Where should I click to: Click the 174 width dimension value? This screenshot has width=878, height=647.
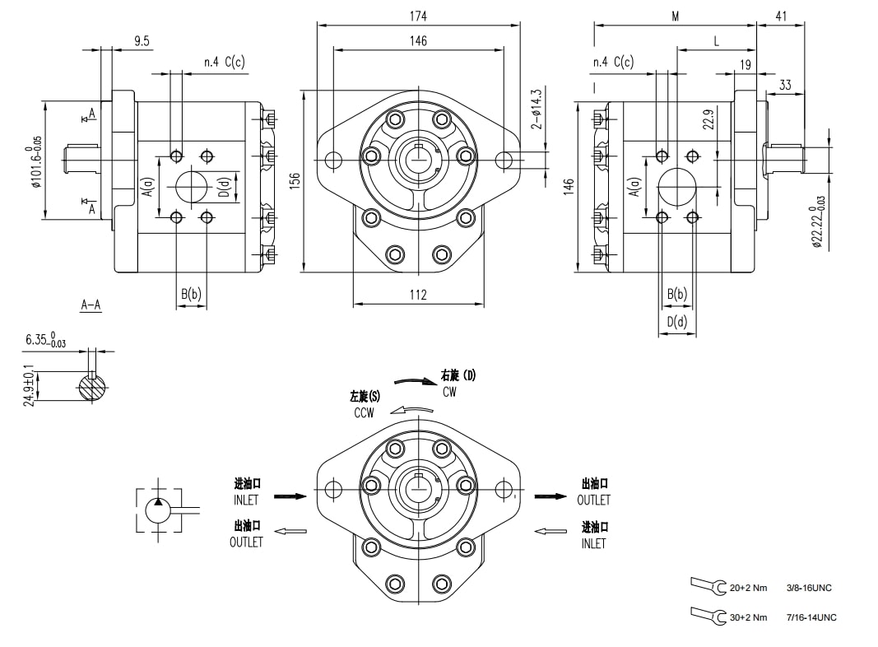418,16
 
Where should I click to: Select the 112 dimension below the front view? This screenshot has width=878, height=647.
418,296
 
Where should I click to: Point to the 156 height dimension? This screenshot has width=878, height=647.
295,181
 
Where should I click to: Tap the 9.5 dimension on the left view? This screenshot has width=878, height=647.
142,40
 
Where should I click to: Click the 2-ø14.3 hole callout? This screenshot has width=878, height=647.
537,109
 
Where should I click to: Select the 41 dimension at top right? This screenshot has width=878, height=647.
779,16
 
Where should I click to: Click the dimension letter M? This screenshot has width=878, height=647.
675,16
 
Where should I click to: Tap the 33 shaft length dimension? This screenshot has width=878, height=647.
784,85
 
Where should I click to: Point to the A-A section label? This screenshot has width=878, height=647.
91,305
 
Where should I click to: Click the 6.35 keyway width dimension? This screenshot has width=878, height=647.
46,339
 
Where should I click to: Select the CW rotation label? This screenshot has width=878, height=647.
449,393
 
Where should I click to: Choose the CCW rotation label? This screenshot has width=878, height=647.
364,413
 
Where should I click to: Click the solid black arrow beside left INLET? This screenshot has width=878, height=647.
289,496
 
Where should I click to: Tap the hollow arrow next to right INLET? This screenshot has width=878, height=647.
550,531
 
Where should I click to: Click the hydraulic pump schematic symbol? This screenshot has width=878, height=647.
159,510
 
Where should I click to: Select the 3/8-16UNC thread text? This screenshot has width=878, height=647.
811,588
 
